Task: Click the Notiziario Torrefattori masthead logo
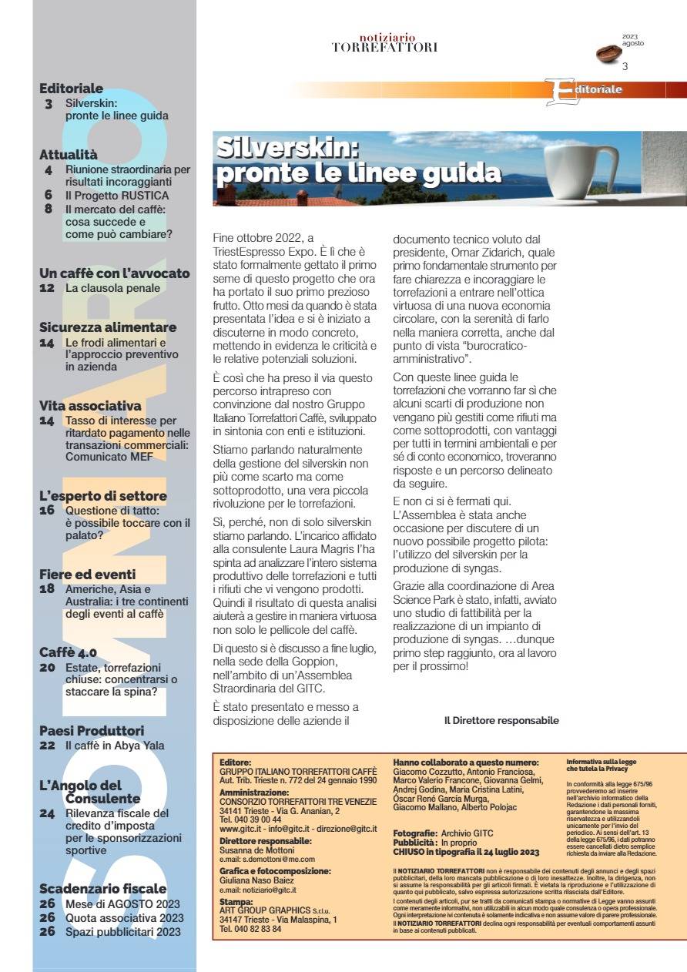pos(385,43)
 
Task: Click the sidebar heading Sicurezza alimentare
pos(108,327)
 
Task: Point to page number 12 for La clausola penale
pos(47,288)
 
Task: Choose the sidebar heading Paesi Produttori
pos(92,730)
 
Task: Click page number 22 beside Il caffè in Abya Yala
pos(47,746)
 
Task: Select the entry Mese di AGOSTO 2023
pos(122,903)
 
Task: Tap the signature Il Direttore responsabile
pos(501,721)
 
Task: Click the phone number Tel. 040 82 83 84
pos(250,929)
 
